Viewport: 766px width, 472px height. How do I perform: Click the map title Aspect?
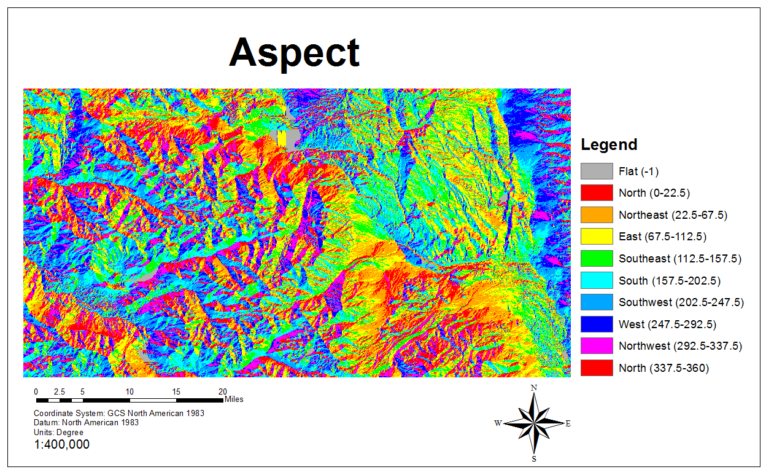(294, 53)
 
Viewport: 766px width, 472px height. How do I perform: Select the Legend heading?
(609, 145)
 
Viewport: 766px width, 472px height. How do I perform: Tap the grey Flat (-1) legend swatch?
(597, 171)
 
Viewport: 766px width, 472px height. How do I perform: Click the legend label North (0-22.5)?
(654, 193)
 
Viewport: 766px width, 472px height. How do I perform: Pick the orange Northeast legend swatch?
(597, 214)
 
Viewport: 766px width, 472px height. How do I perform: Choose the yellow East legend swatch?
(597, 237)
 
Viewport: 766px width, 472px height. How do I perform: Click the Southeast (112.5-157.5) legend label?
(680, 259)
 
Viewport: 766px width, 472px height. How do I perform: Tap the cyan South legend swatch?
(597, 280)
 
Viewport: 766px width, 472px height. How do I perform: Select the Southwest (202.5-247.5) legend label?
(681, 302)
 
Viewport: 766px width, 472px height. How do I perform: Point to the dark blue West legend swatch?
(597, 324)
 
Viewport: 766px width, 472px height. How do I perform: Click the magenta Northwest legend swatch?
(597, 346)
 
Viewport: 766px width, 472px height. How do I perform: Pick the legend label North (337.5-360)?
(663, 368)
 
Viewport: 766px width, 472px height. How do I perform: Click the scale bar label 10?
(130, 391)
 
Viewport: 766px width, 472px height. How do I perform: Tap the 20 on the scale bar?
(223, 391)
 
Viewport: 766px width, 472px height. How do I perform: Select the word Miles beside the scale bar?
(234, 399)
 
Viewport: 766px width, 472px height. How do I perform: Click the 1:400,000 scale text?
(61, 444)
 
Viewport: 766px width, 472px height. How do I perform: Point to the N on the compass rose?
(534, 388)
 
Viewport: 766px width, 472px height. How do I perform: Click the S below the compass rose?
(534, 458)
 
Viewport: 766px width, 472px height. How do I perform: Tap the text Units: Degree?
(59, 432)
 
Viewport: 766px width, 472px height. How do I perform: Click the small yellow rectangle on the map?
(281, 138)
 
